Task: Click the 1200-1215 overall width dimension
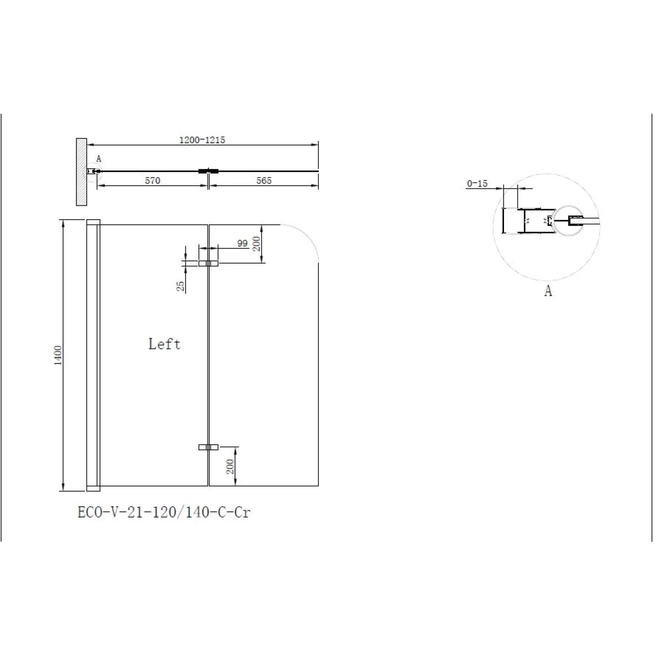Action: point(202,140)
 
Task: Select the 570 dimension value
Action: point(153,180)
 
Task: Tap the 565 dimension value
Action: point(264,180)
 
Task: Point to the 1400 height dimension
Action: point(58,355)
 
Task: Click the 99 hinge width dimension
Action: point(242,243)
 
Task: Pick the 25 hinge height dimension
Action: point(180,286)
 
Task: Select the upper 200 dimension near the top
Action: point(257,244)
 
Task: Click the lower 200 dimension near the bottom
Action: point(231,466)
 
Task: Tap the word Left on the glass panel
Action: point(165,344)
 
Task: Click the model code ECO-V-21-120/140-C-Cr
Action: point(164,512)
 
